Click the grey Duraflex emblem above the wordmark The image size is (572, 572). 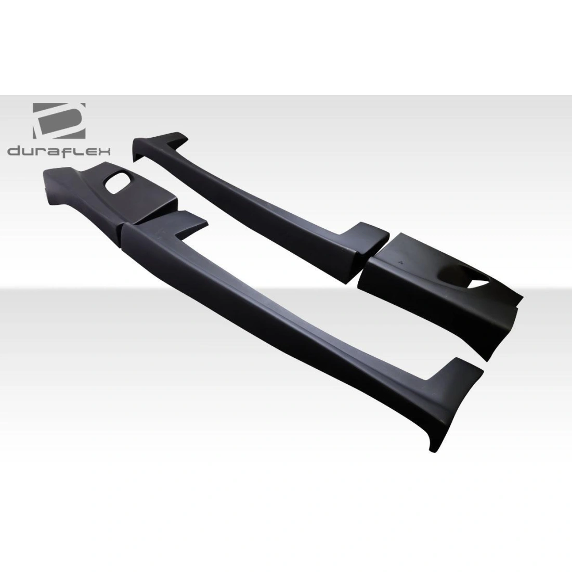click(59, 121)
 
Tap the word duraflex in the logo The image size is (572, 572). click(59, 151)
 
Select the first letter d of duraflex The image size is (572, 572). click(14, 151)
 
